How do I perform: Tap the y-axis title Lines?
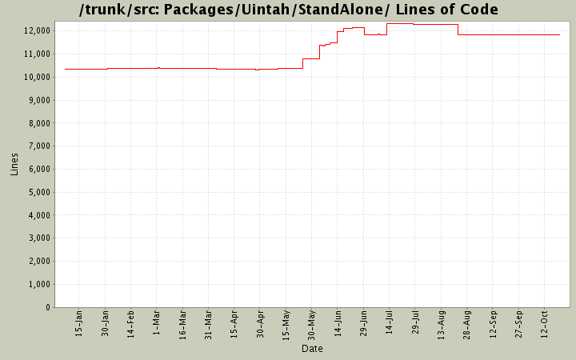[x=14, y=164]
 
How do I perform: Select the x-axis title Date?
[x=312, y=349]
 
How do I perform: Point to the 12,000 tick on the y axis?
[x=38, y=30]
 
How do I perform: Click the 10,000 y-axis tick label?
[x=38, y=77]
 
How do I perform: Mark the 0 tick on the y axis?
[x=49, y=308]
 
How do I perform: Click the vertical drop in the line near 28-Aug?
[x=458, y=30]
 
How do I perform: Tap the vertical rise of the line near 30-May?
[x=302, y=63]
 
